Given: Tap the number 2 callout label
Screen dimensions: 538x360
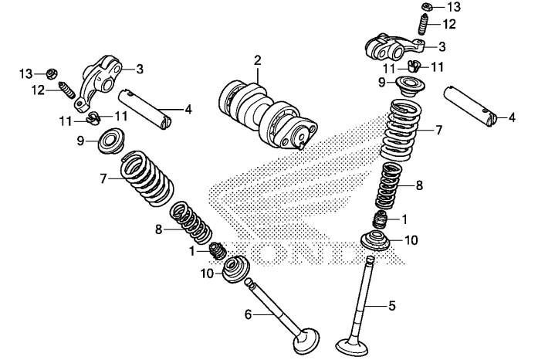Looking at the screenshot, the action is point(258,60).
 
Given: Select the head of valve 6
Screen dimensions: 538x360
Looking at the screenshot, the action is point(306,341).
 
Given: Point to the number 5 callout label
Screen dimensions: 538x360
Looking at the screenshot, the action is point(392,305).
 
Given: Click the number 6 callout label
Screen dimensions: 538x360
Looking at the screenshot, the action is point(248,314).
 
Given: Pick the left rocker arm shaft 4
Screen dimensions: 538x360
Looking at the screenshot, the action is point(145,109).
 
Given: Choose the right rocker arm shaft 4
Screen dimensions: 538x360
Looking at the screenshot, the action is point(470,106).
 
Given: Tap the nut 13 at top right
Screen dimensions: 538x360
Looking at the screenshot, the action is point(427,6).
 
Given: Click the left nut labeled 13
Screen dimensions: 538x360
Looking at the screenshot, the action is point(52,73).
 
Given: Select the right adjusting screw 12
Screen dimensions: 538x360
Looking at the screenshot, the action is point(424,24).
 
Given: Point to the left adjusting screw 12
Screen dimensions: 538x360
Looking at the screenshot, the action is point(67,90).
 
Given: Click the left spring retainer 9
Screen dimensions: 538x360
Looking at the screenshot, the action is point(111,140).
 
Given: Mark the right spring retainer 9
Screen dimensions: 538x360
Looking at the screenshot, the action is point(410,87).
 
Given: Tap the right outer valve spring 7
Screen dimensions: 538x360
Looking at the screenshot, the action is point(401,130).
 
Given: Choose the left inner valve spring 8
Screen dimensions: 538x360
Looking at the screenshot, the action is point(191,222).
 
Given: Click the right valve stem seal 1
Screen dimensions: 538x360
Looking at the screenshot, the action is point(381,220).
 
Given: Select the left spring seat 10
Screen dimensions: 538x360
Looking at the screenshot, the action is point(236,270).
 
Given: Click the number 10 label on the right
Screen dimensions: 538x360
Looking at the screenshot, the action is point(411,240).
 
